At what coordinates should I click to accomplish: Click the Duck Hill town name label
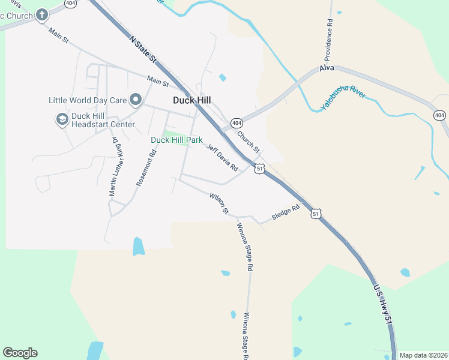pos(191,100)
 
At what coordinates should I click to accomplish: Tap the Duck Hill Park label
pos(176,140)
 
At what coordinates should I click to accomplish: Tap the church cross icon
pos(41,14)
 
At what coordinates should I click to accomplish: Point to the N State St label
pos(143,49)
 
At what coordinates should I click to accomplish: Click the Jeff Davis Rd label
pos(223,157)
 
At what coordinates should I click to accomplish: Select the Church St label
pos(248,142)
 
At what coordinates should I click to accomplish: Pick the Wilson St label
pos(219,203)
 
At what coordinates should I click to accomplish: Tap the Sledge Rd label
pos(285,213)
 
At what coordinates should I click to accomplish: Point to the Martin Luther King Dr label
pos(115,166)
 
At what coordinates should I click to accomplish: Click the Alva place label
pos(327,68)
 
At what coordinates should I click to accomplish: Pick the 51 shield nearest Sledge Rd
pos(316,214)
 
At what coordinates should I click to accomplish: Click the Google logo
pos(20,353)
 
